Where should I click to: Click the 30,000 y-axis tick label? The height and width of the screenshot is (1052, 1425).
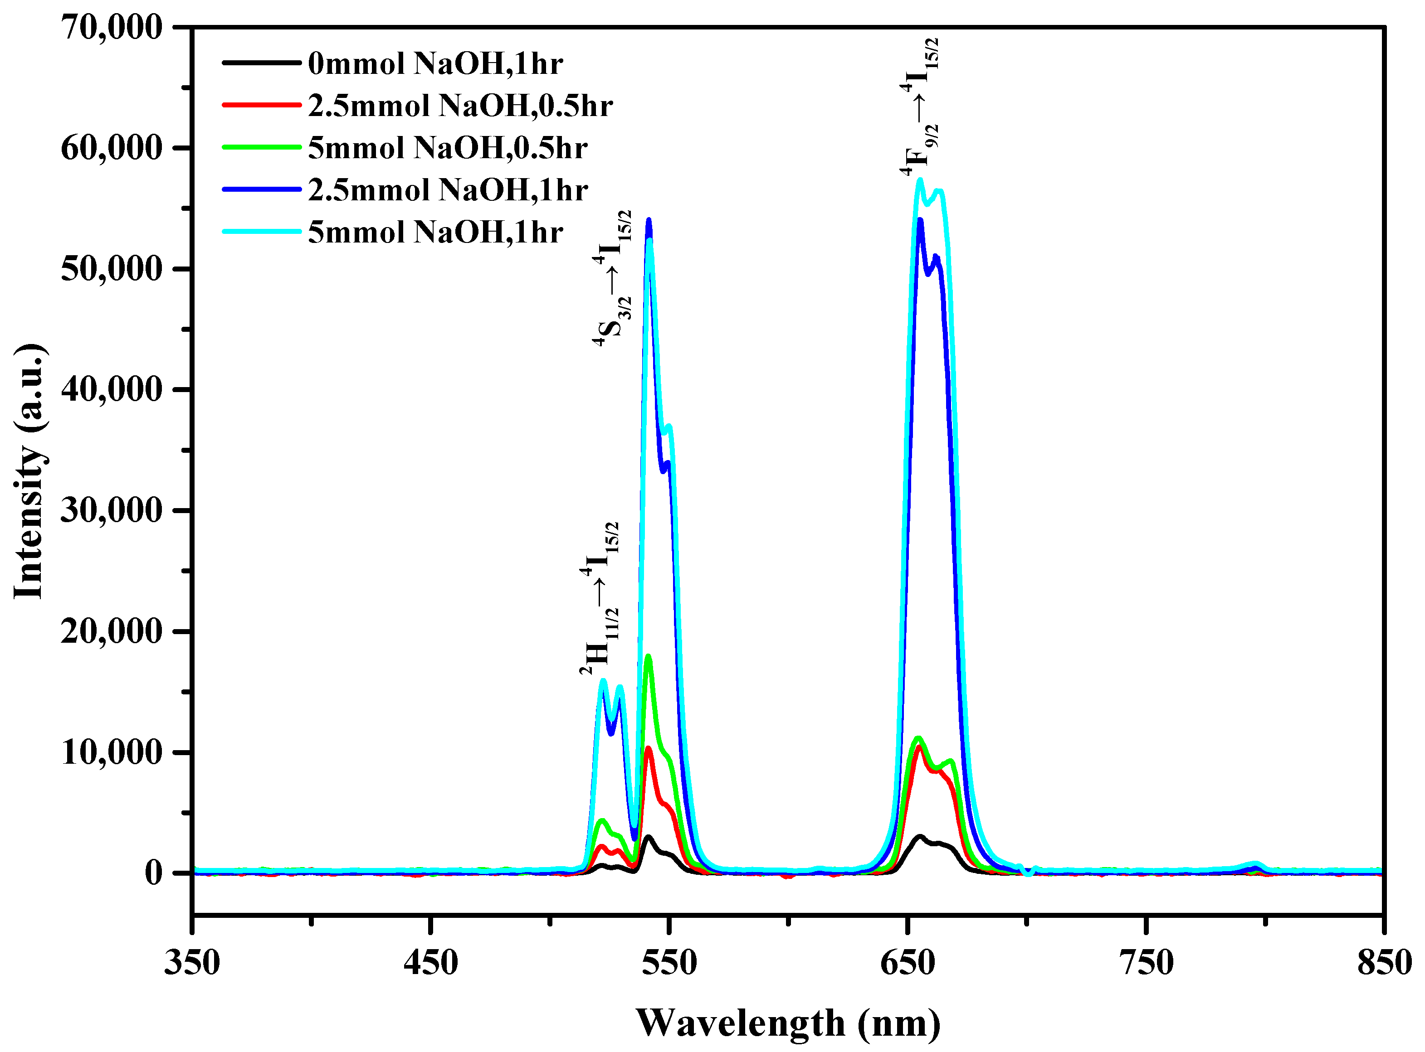tap(112, 511)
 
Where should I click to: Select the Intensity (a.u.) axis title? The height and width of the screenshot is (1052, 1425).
tap(29, 471)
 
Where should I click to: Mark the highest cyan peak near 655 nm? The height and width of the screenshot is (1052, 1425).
tap(920, 180)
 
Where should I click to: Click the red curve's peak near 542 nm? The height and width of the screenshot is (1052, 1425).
tap(649, 748)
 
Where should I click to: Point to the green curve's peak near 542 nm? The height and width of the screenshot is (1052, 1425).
tap(649, 656)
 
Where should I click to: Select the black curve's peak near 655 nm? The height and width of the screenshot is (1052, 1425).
tap(920, 836)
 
